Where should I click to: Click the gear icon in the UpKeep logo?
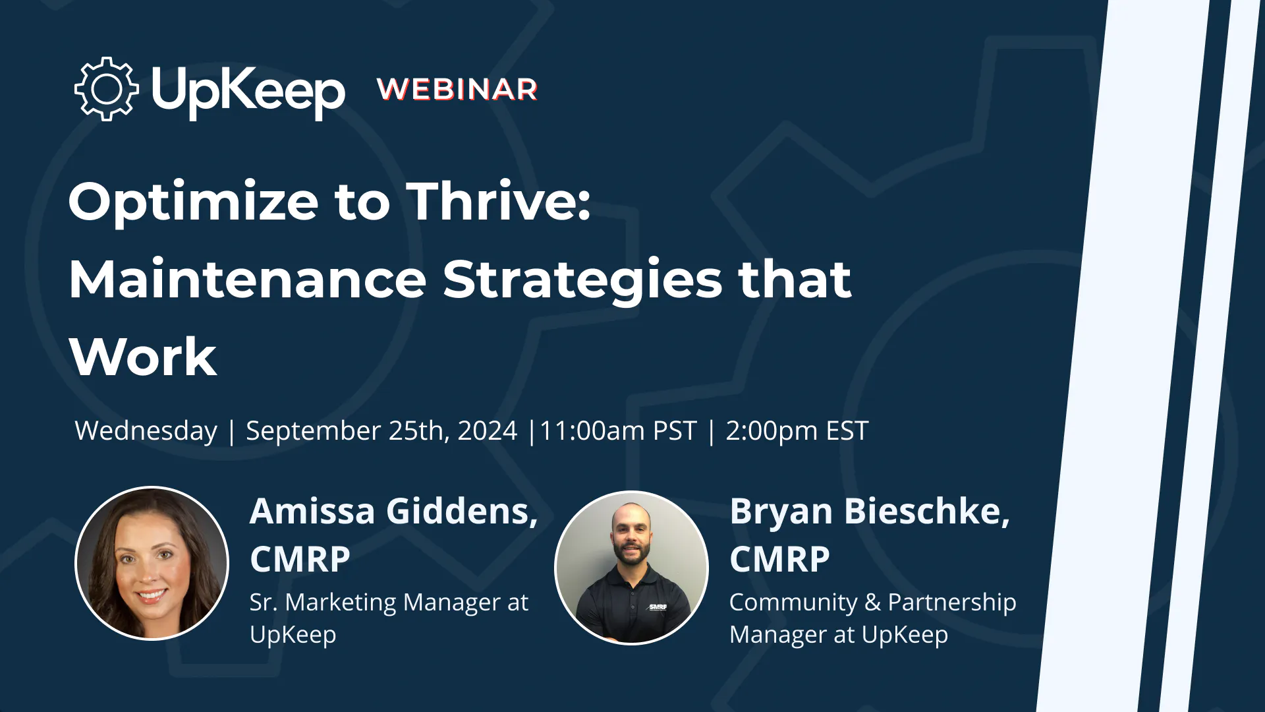coord(106,88)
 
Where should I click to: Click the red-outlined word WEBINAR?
coord(458,90)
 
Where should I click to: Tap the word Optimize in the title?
coord(194,202)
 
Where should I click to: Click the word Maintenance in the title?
coord(248,279)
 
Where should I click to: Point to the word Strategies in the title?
coord(582,281)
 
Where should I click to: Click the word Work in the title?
coord(143,357)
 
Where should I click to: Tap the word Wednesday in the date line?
coord(146,431)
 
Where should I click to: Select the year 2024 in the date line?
coord(488,430)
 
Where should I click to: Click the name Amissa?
coord(312,511)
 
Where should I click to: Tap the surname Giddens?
coord(462,512)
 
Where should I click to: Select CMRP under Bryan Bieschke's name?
coord(779,560)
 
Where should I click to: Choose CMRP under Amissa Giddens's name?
coord(300,560)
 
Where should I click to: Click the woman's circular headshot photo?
coord(152,564)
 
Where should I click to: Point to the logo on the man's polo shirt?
coord(658,607)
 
